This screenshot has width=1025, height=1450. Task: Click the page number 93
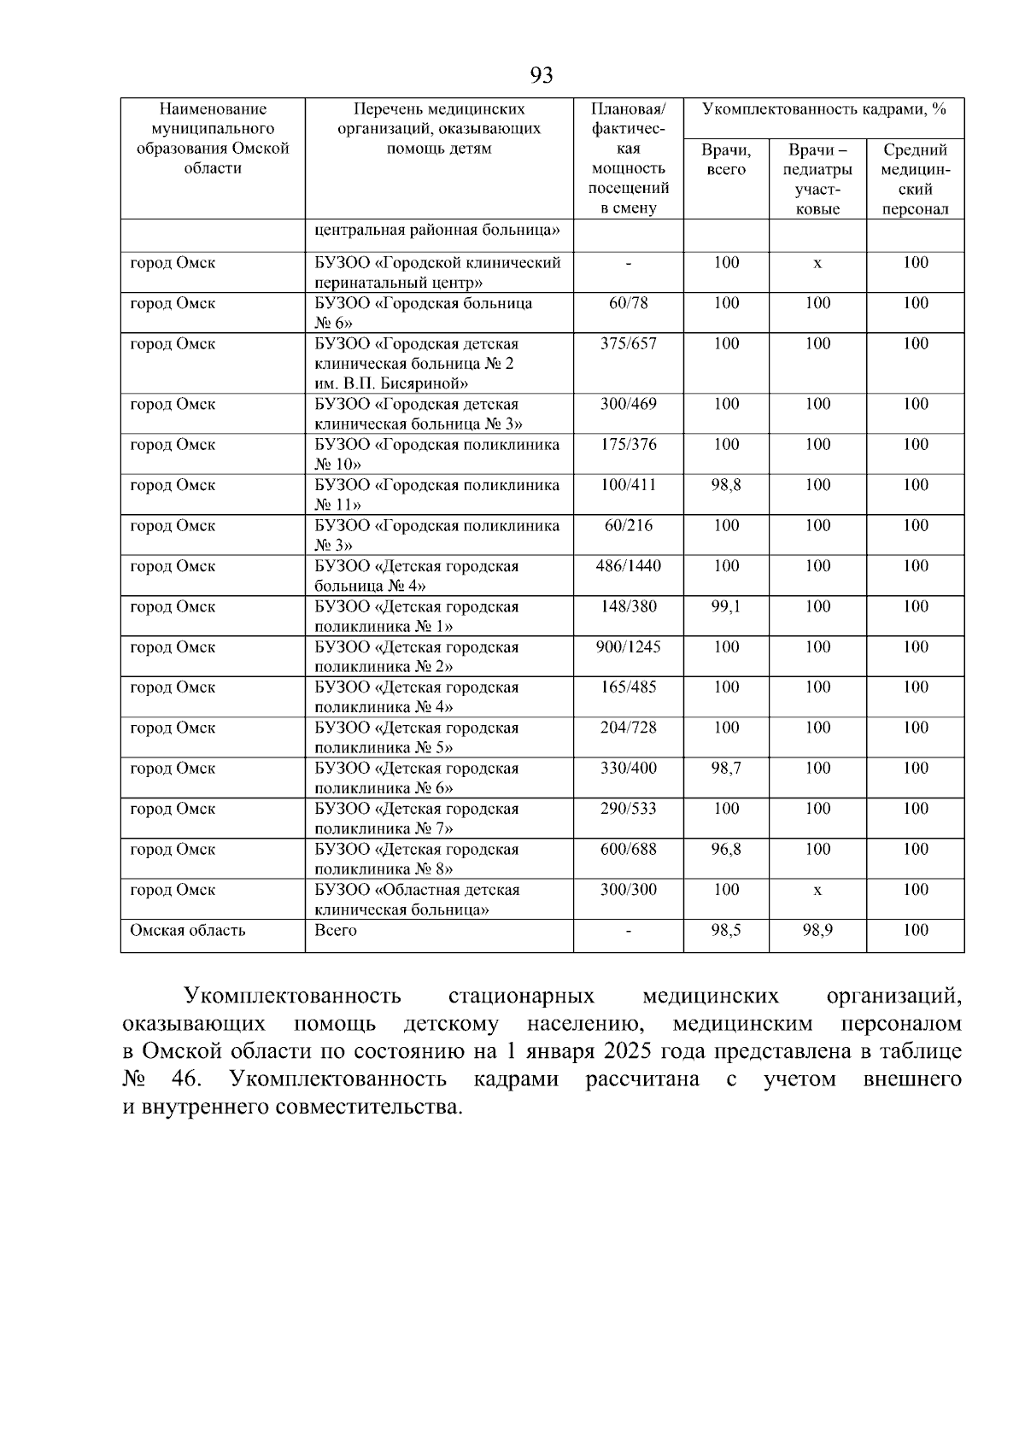[x=542, y=76]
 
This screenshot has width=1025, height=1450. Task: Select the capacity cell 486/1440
[x=628, y=566]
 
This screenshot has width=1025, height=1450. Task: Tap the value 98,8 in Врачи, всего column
[x=726, y=485]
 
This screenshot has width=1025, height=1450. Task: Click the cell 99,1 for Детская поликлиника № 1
[x=726, y=606]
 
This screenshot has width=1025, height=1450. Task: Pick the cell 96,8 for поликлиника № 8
[x=726, y=849]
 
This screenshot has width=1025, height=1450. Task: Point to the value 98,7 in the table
[x=726, y=768]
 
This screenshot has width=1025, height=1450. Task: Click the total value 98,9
[x=817, y=930]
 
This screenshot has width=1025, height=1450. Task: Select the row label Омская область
[x=187, y=930]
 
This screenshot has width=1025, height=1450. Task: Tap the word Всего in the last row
[x=336, y=930]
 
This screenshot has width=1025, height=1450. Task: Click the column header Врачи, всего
[x=726, y=160]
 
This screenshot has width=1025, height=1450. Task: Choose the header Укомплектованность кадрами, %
[x=823, y=109]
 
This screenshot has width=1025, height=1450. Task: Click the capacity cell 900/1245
[x=628, y=646]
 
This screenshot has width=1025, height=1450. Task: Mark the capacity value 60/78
[x=628, y=303]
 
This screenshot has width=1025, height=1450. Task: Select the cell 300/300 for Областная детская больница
[x=628, y=889]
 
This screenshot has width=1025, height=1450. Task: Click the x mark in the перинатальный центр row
[x=817, y=264]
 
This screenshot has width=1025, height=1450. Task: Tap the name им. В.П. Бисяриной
[x=391, y=383]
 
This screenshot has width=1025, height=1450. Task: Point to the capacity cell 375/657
[x=628, y=343]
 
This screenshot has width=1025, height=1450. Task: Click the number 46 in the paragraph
[x=184, y=1079]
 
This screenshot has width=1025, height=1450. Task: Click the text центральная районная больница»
[x=437, y=230]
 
